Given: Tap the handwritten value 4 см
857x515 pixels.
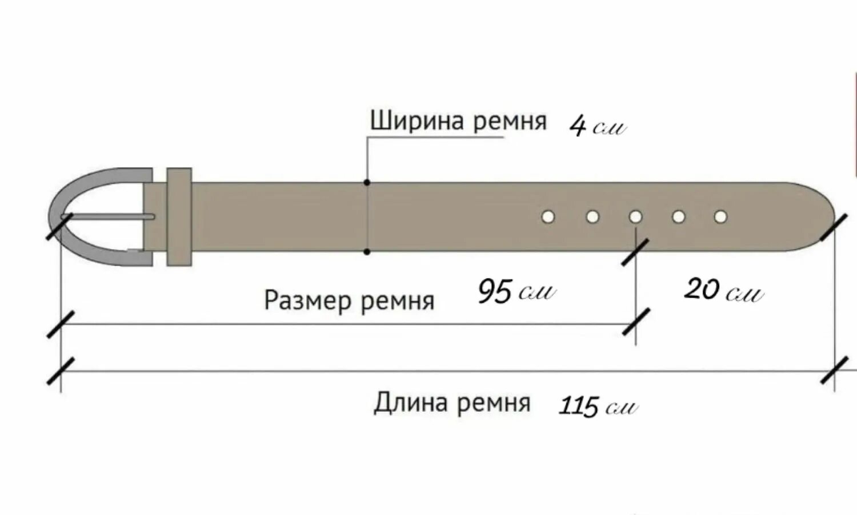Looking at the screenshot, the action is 597,126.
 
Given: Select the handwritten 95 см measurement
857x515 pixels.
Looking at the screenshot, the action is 515,291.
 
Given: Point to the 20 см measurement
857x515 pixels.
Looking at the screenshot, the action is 723,290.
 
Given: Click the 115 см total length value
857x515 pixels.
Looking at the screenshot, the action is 596,406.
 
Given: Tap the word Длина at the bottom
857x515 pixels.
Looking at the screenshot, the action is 411,403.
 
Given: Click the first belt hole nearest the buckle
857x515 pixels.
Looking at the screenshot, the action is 548,217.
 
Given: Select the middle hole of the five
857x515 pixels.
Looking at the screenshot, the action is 635,217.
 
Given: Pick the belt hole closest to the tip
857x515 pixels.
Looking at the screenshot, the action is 720,217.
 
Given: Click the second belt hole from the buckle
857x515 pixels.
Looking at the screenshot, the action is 592,217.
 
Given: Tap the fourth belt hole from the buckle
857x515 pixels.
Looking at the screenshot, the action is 678,217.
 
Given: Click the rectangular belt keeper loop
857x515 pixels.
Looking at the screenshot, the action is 179,217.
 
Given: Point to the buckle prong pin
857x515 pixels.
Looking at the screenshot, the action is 114,217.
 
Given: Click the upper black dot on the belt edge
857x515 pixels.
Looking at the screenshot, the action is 367,183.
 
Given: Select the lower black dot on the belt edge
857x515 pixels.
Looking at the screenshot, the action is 367,251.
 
